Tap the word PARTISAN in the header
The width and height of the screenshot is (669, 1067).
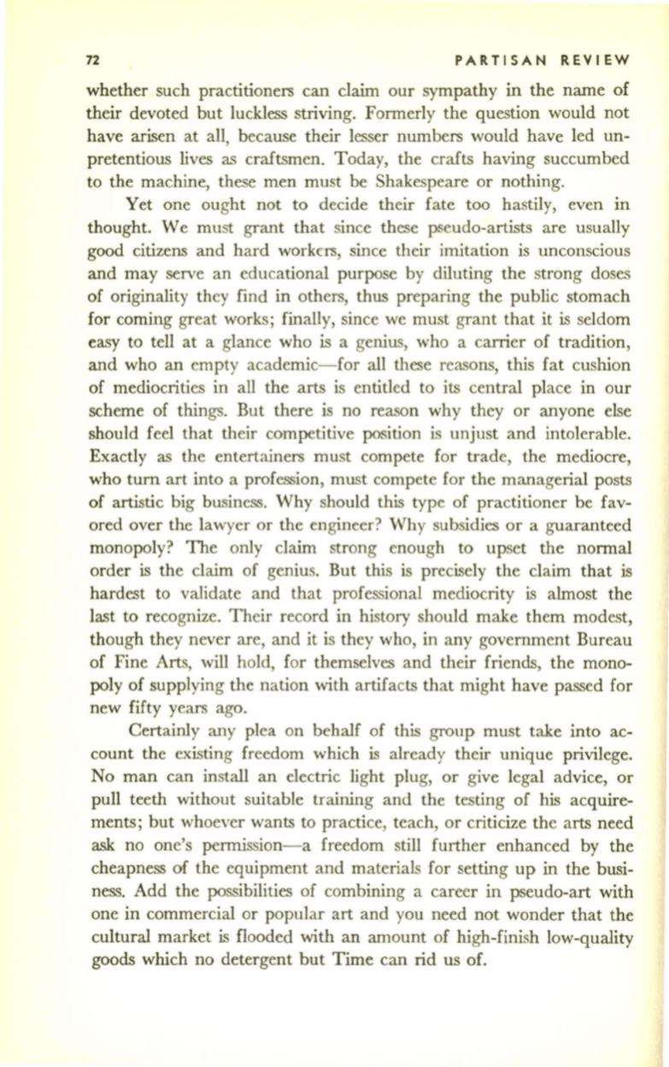(495, 59)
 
